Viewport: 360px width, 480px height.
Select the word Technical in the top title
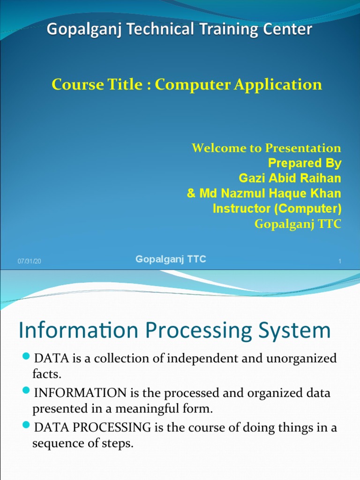152,30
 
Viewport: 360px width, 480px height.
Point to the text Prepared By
305,163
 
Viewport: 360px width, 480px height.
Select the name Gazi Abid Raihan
290,178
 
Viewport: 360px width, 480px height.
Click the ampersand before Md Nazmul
191,193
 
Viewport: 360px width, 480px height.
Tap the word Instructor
239,209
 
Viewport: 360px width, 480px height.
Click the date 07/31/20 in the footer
30,261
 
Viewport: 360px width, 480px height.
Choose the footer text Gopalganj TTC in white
171,259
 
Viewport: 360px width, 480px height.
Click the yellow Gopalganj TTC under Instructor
298,224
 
